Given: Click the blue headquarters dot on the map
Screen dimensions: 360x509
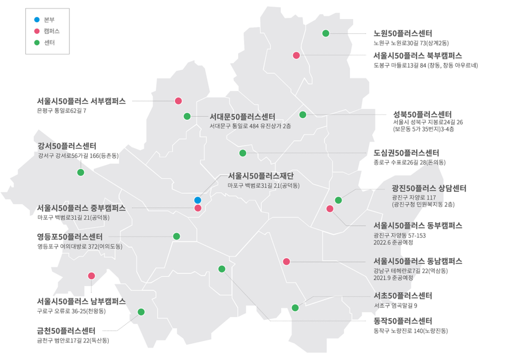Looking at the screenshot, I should (x=198, y=200).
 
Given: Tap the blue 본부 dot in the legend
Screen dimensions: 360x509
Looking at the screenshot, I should (x=36, y=20).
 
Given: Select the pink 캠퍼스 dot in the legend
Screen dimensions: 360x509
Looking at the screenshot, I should (x=36, y=31).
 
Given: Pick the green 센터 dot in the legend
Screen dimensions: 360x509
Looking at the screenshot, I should (x=36, y=42).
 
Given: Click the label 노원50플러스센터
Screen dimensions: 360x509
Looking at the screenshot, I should (x=402, y=33).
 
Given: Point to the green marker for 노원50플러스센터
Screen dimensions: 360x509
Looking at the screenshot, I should (x=326, y=33).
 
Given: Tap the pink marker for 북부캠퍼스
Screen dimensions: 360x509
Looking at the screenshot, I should (x=296, y=56).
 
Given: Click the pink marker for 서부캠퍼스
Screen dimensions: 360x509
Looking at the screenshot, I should (x=179, y=101).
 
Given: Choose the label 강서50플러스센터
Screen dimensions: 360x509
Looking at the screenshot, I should (x=67, y=145).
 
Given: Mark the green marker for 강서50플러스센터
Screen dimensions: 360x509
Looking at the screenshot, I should (x=81, y=172).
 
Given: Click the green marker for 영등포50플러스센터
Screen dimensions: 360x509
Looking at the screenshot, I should (x=177, y=236).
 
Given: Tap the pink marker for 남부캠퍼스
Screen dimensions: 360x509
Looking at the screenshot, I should (x=91, y=276).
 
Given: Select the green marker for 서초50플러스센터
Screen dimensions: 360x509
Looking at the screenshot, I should (x=295, y=308).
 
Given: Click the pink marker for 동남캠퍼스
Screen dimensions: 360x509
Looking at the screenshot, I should (x=286, y=261).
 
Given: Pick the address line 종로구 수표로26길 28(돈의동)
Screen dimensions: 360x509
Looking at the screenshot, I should (x=409, y=162).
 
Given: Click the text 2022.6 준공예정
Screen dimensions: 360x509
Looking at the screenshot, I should (x=393, y=242).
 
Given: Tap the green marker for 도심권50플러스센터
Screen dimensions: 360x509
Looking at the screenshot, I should (x=243, y=153).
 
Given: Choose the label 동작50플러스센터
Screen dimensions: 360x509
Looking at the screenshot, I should (x=402, y=321).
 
